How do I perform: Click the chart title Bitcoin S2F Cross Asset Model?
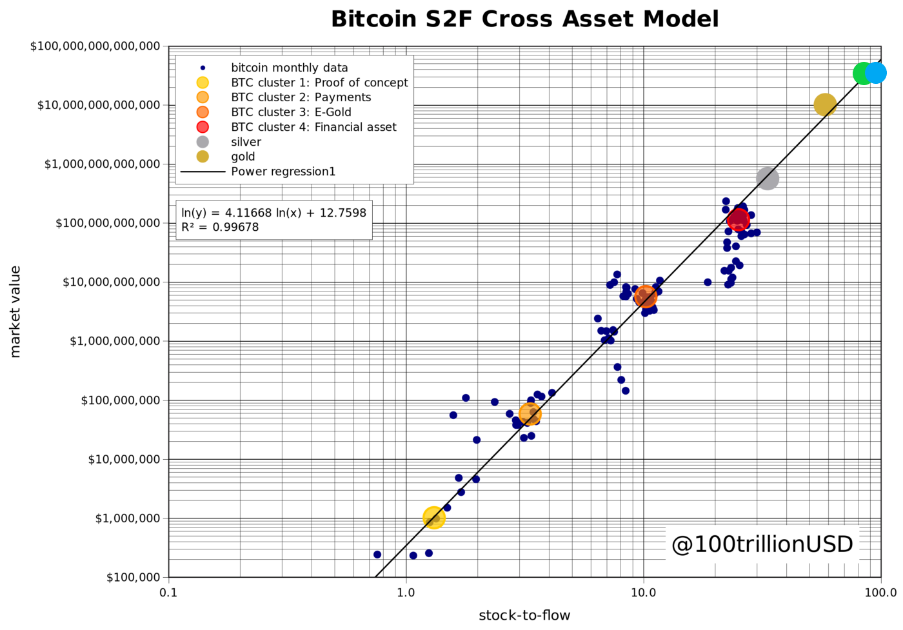[x=524, y=19]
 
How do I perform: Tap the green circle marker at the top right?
[x=863, y=74]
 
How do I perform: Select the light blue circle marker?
[x=875, y=73]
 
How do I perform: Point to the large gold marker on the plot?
[x=825, y=104]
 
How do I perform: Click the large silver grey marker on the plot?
[x=767, y=179]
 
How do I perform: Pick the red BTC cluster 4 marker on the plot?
[x=738, y=220]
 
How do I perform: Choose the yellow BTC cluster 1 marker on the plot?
[x=434, y=517]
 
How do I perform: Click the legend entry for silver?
[x=246, y=142]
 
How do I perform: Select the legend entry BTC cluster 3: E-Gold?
[x=291, y=112]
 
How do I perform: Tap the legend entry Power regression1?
[x=283, y=172]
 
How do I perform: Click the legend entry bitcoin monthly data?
[x=289, y=68]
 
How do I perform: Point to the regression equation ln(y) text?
[x=273, y=213]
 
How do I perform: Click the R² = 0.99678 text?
[x=220, y=227]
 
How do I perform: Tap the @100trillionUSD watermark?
[x=762, y=544]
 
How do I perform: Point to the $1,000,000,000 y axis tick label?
[x=115, y=341]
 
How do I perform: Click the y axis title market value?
[x=15, y=311]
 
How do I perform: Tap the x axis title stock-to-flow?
[x=524, y=616]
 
